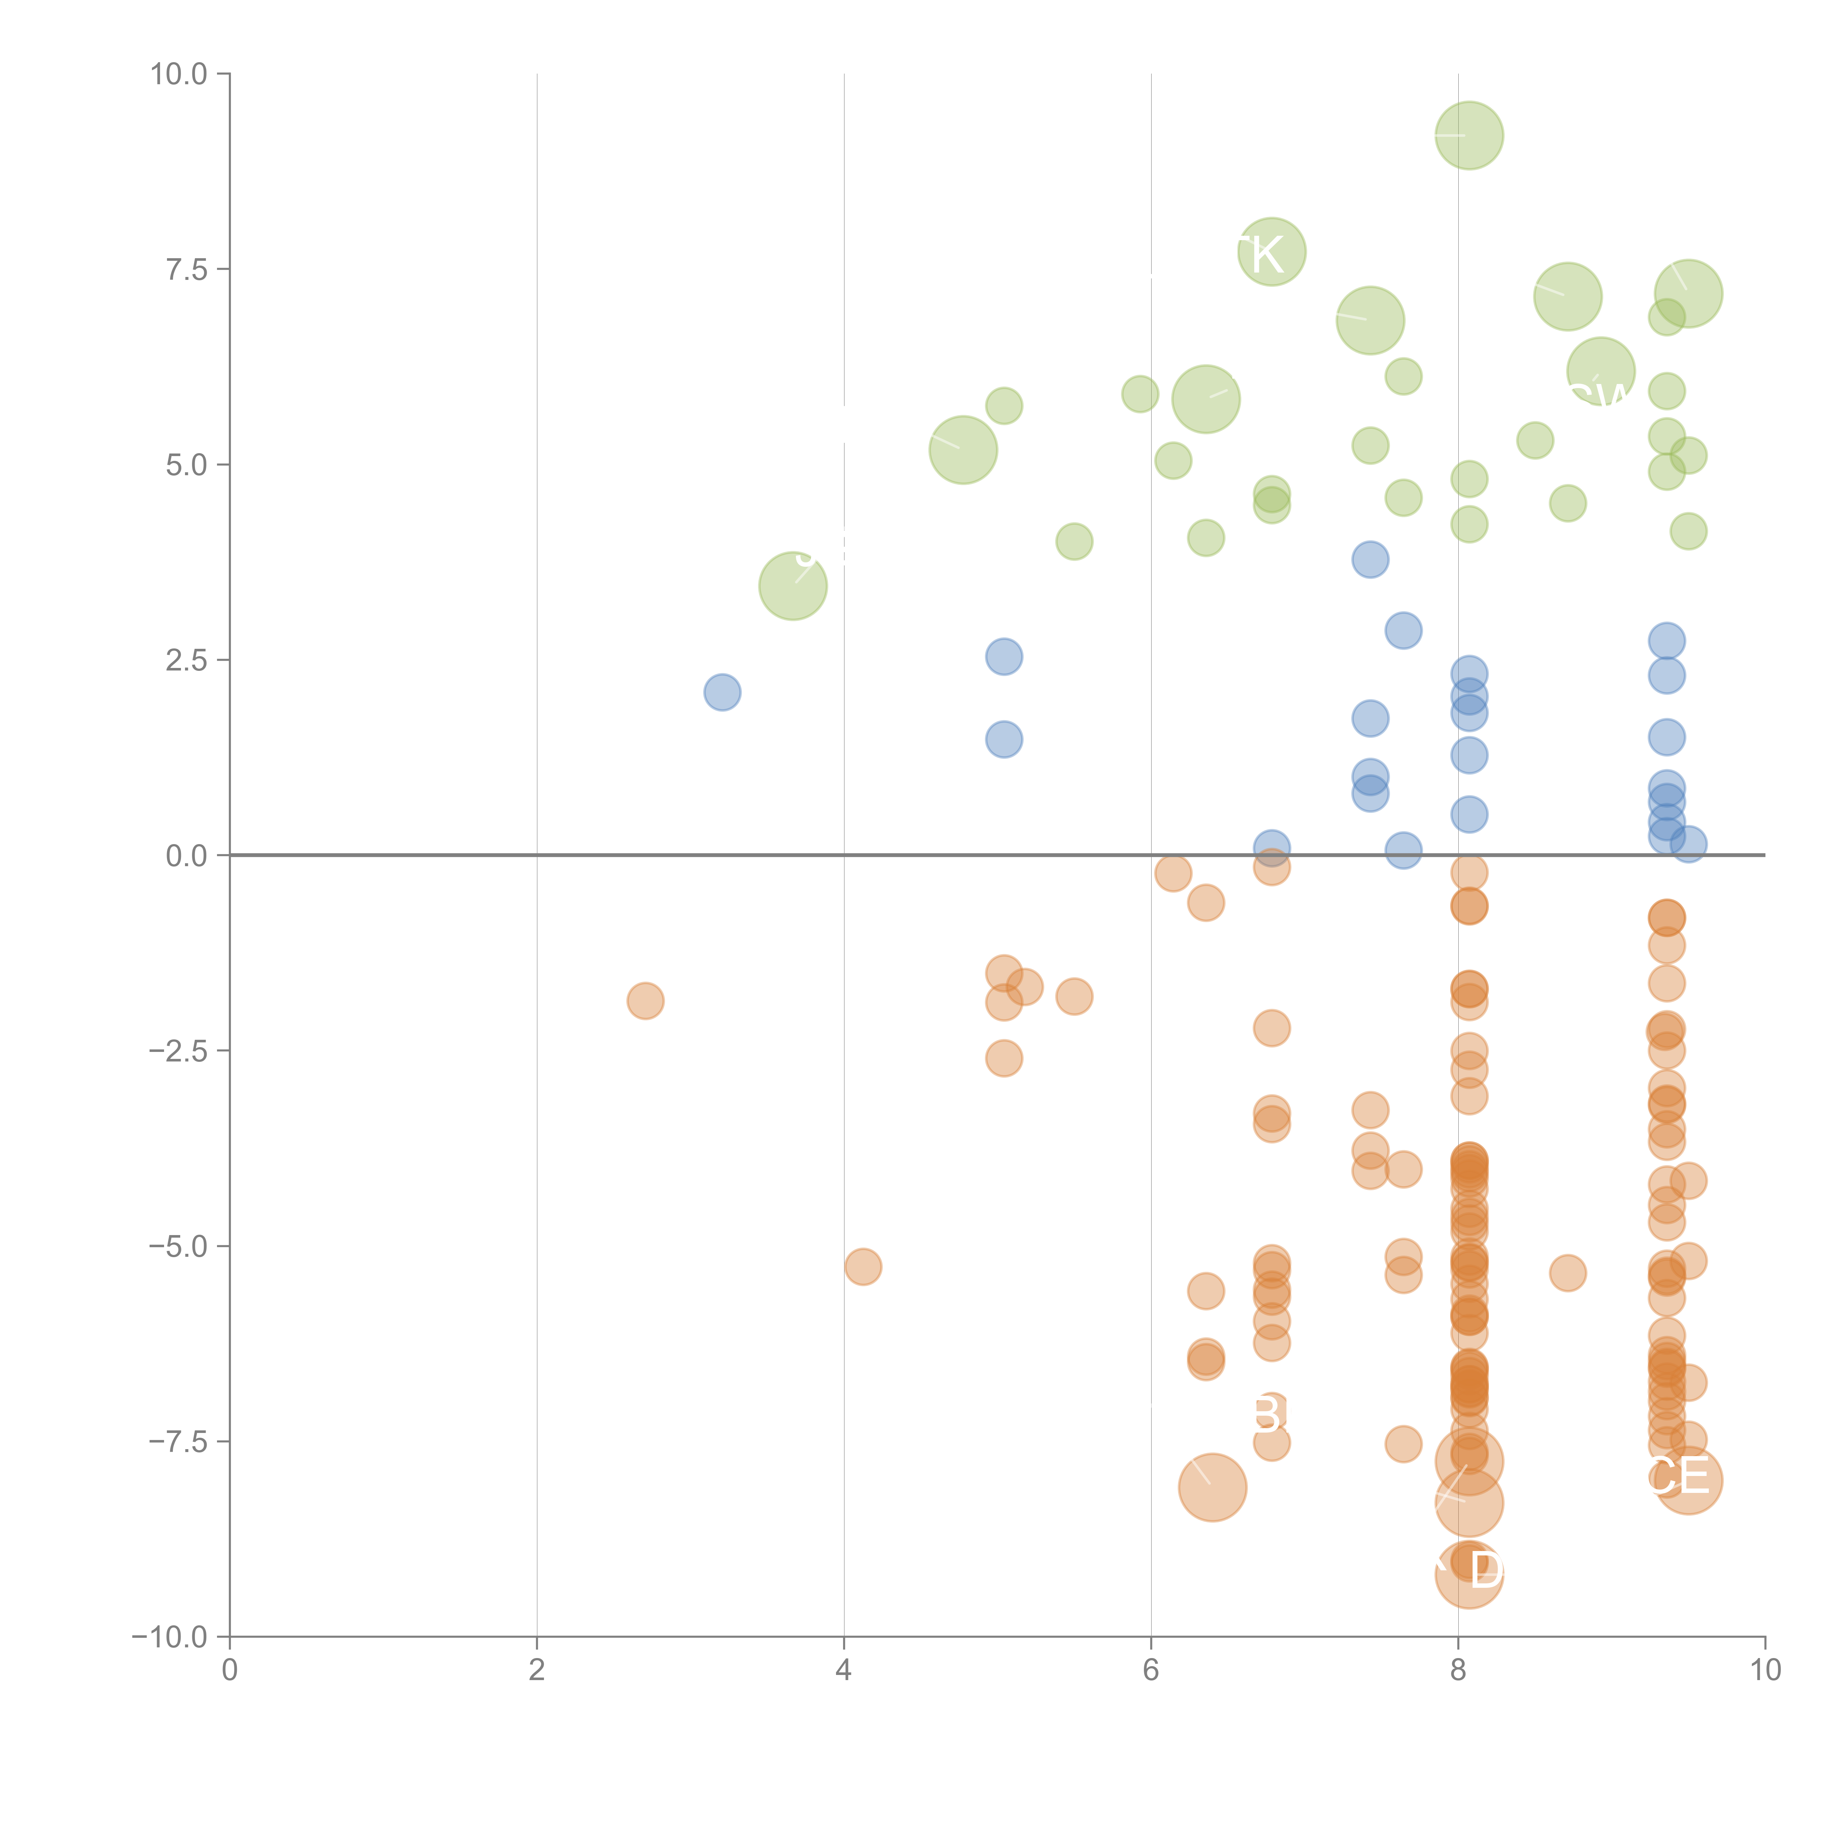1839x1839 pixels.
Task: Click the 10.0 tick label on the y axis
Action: tap(179, 74)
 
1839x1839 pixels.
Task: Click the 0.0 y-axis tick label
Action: tap(186, 856)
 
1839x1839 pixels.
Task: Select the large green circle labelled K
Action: tap(1272, 252)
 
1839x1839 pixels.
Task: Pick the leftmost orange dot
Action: tap(645, 1000)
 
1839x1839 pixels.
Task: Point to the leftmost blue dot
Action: tap(722, 692)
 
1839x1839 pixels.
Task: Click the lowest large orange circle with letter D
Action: tap(1469, 1575)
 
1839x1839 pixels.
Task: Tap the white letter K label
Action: tap(1267, 255)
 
